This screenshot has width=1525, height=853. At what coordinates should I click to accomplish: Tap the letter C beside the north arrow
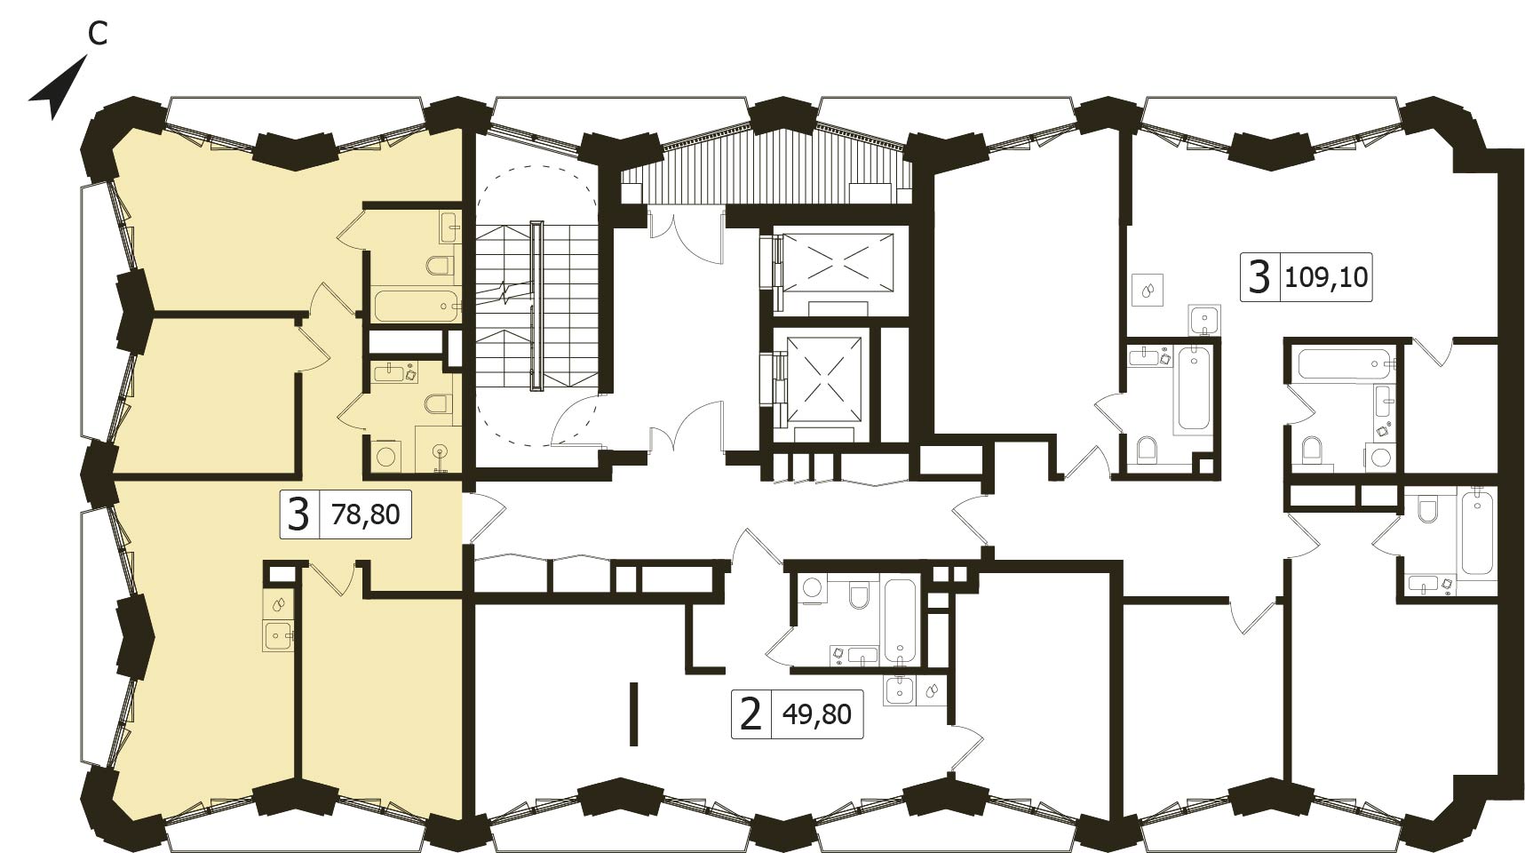98,34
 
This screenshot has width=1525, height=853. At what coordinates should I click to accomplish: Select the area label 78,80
365,514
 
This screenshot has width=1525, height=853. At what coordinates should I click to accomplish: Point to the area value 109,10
1326,277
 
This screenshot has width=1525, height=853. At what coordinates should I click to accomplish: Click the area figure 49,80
817,713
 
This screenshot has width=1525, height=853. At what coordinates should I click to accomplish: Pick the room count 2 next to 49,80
751,713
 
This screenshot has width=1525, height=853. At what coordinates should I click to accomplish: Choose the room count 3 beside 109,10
1259,276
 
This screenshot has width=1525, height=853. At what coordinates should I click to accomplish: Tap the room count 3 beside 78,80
299,514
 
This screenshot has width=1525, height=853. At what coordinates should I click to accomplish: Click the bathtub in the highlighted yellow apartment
416,306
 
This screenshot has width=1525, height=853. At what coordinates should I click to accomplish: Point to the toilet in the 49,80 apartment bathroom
859,594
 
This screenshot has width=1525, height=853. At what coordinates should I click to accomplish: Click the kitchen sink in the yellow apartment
281,635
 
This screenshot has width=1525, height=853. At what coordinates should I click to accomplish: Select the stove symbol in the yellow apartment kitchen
279,604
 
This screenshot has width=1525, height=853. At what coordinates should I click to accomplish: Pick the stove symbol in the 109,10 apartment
1148,291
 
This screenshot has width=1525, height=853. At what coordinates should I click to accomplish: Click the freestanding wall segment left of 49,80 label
633,713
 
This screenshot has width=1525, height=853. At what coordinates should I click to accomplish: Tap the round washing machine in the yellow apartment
386,456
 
